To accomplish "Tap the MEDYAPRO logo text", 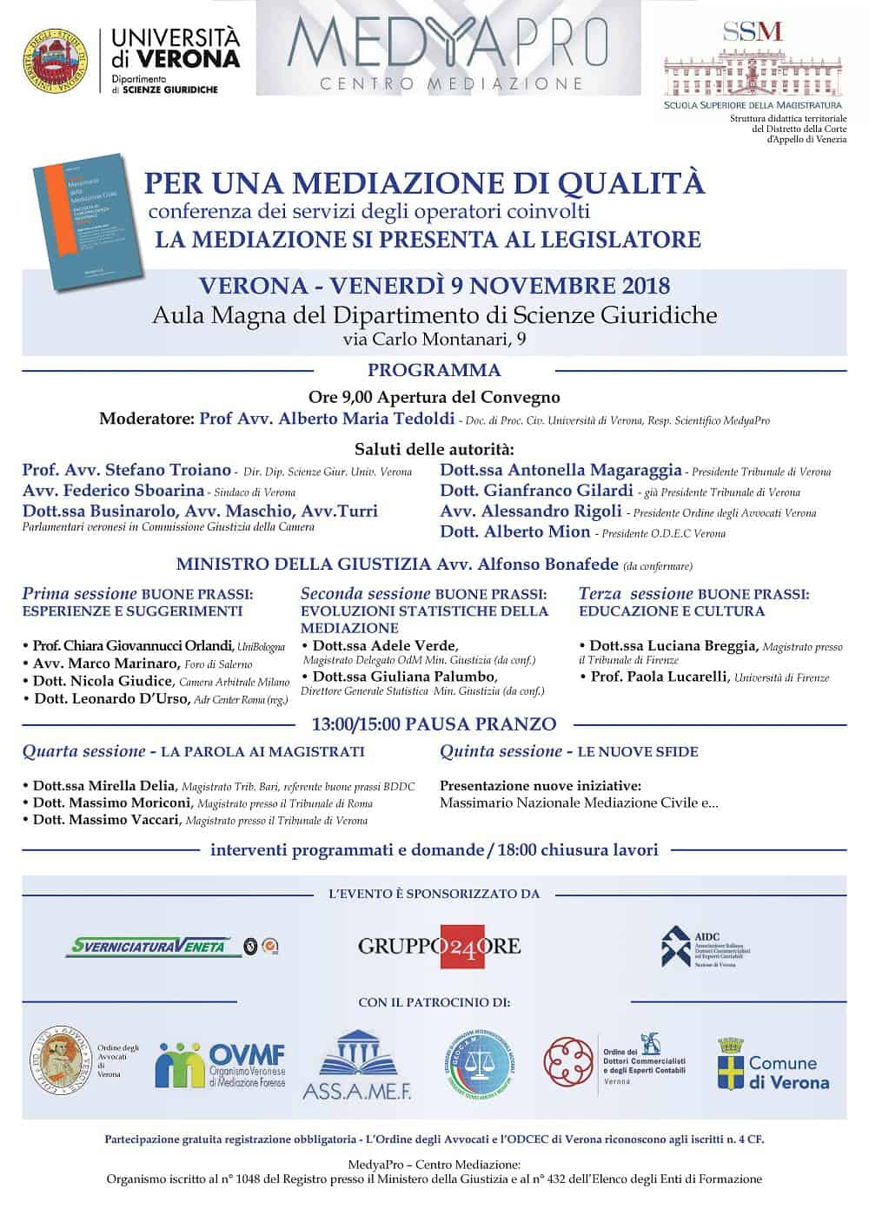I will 448,43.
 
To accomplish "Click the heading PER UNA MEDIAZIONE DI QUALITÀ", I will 424,183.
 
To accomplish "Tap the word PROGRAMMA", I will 434,370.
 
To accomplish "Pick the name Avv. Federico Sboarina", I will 113,491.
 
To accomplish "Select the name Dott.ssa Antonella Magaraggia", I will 561,470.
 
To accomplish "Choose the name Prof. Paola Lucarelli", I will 659,677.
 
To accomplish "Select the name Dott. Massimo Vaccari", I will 106,819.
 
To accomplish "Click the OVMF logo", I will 221,1065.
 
